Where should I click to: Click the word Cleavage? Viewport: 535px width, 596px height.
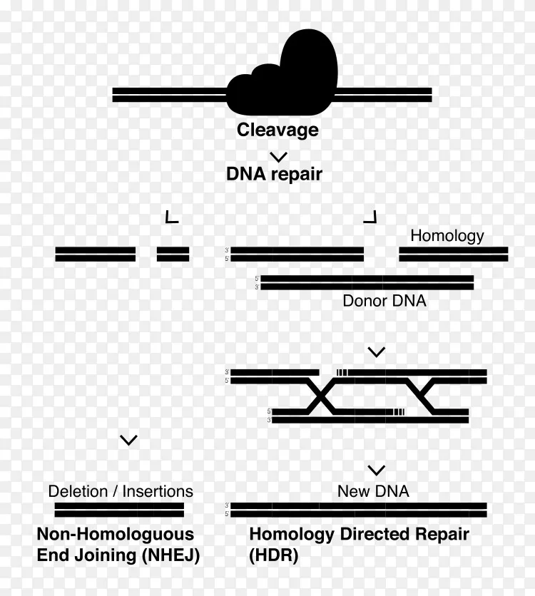(x=277, y=130)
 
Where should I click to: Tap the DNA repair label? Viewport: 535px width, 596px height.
(x=274, y=174)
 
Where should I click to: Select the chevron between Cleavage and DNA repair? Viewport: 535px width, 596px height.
(x=278, y=157)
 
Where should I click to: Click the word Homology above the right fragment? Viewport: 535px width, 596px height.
(x=447, y=236)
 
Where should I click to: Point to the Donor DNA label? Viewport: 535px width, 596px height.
(x=384, y=301)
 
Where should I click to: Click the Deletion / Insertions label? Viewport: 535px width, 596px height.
(x=121, y=491)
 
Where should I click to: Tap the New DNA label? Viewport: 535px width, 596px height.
(x=373, y=491)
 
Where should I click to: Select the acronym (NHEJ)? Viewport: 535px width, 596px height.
(x=170, y=555)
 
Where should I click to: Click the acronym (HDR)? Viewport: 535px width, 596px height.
(x=274, y=555)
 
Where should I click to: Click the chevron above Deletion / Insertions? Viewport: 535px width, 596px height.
(x=128, y=440)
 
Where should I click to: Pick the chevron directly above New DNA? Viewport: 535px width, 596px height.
(x=377, y=471)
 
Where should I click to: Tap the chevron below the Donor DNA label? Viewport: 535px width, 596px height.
(x=377, y=352)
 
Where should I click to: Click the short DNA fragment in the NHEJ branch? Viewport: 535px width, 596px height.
(x=173, y=255)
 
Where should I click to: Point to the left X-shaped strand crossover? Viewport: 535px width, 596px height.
(x=321, y=396)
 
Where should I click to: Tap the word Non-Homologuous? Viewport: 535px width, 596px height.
(x=116, y=535)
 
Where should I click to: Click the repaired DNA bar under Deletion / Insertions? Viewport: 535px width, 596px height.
(x=119, y=510)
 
